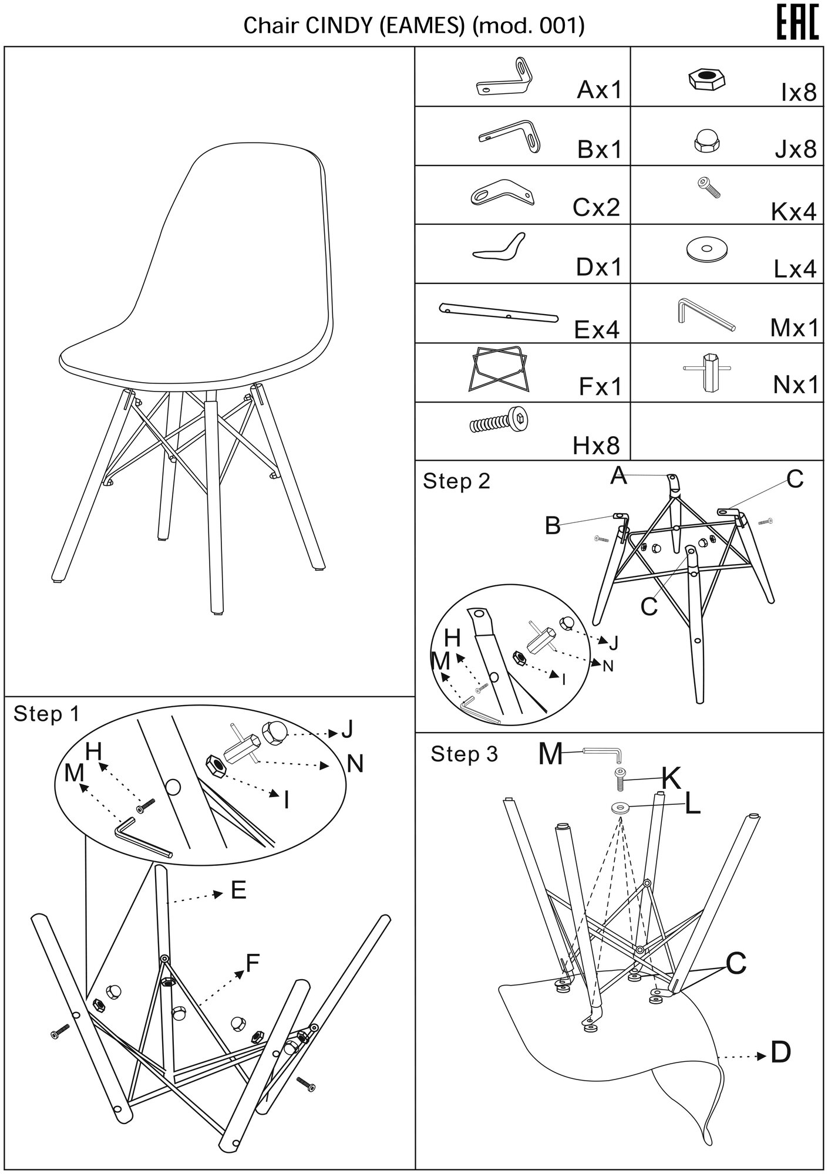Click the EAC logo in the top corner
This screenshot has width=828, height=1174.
click(797, 23)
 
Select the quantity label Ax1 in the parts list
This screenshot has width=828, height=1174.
click(599, 90)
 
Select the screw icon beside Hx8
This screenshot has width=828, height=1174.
click(500, 420)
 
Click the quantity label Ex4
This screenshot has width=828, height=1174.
click(597, 329)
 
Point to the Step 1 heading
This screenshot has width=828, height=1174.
click(46, 713)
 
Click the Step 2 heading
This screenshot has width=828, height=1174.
click(456, 481)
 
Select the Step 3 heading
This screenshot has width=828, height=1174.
click(464, 754)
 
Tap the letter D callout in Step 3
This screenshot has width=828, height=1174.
click(780, 1053)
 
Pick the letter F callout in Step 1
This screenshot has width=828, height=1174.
click(253, 963)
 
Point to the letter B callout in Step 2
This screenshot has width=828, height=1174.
click(553, 526)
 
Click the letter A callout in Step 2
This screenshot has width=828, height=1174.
click(618, 475)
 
